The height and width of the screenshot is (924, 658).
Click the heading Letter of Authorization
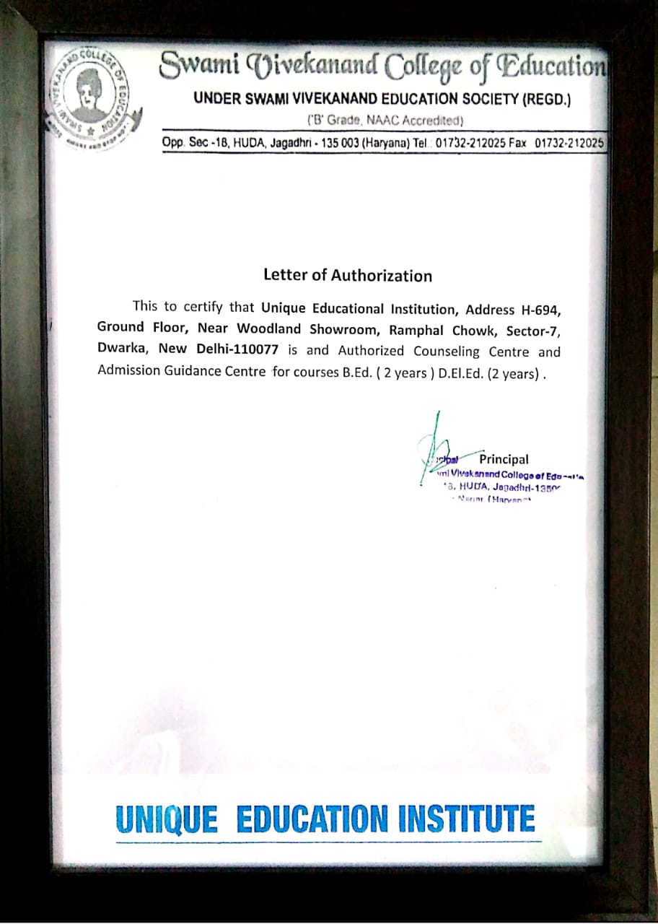(348, 275)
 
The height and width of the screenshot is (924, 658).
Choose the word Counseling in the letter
(446, 352)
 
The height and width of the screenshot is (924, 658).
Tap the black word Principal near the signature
(504, 459)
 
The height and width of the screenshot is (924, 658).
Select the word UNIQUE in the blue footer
(166, 819)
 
